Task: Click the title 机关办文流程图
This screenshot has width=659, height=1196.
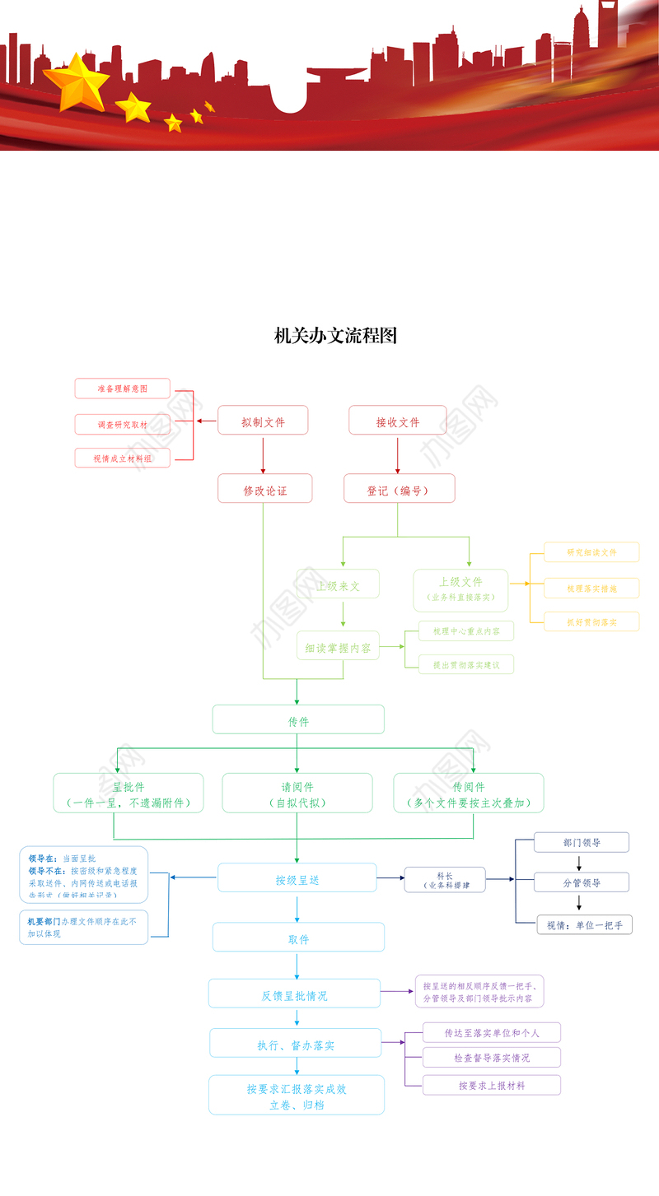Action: [335, 336]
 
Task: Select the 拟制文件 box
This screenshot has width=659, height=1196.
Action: [263, 421]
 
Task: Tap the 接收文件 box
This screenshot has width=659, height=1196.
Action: [398, 421]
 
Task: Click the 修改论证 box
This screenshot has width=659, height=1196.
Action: [265, 489]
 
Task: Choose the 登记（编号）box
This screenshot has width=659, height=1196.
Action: [399, 489]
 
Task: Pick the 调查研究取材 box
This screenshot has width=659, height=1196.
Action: [123, 424]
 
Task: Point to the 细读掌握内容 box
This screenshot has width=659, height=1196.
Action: [338, 647]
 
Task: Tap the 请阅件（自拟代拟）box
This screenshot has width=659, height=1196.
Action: [297, 793]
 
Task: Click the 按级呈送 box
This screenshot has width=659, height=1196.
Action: [297, 878]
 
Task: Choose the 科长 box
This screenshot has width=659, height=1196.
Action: [445, 880]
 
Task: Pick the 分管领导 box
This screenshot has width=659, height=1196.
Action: [582, 882]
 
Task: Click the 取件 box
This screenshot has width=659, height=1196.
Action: [298, 938]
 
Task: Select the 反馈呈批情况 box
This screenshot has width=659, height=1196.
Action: [294, 994]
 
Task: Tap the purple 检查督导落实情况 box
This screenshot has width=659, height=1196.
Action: [492, 1058]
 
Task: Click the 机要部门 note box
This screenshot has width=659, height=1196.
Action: [84, 927]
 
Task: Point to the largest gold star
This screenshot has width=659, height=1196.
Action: [76, 81]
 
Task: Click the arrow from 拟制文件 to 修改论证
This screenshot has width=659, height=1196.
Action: [263, 454]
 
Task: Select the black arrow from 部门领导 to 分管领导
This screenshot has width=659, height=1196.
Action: [579, 863]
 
